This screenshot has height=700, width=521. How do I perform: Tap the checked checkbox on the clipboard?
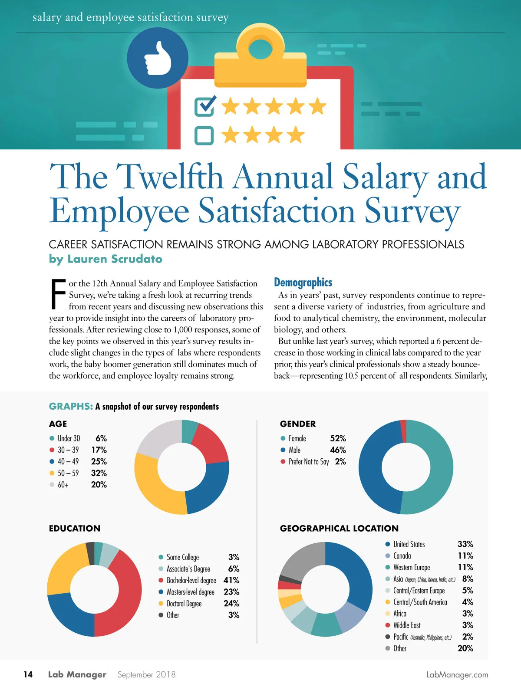(204, 106)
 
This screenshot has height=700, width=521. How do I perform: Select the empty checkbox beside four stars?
(204, 135)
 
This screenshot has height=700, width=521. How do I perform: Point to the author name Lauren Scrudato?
(115, 259)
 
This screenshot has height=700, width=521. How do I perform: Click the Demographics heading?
(303, 283)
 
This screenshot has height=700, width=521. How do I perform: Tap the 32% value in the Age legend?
(99, 473)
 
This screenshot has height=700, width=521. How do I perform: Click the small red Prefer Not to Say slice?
(403, 425)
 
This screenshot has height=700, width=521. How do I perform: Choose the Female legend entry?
(297, 438)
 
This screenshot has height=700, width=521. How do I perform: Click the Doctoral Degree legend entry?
(184, 604)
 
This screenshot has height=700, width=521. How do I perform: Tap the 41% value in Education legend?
(231, 580)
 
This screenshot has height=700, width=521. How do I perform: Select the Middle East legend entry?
(407, 625)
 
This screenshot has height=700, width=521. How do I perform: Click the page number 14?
(28, 674)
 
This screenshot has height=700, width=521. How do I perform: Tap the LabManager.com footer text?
(457, 675)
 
